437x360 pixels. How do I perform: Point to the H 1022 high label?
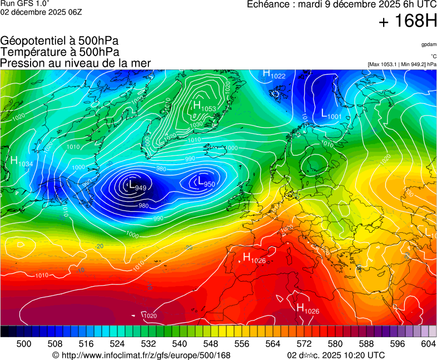point(274,74)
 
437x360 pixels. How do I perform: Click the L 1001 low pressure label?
point(331,114)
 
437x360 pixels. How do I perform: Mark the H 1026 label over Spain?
point(254,258)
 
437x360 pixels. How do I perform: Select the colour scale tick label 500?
point(24,344)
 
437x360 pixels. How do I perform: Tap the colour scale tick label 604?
point(428,344)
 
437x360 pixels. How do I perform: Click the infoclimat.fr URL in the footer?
point(141,355)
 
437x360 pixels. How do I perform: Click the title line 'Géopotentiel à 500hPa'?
point(59,41)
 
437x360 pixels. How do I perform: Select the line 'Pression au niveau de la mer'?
point(76,63)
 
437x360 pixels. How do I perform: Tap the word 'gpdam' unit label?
point(429,44)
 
